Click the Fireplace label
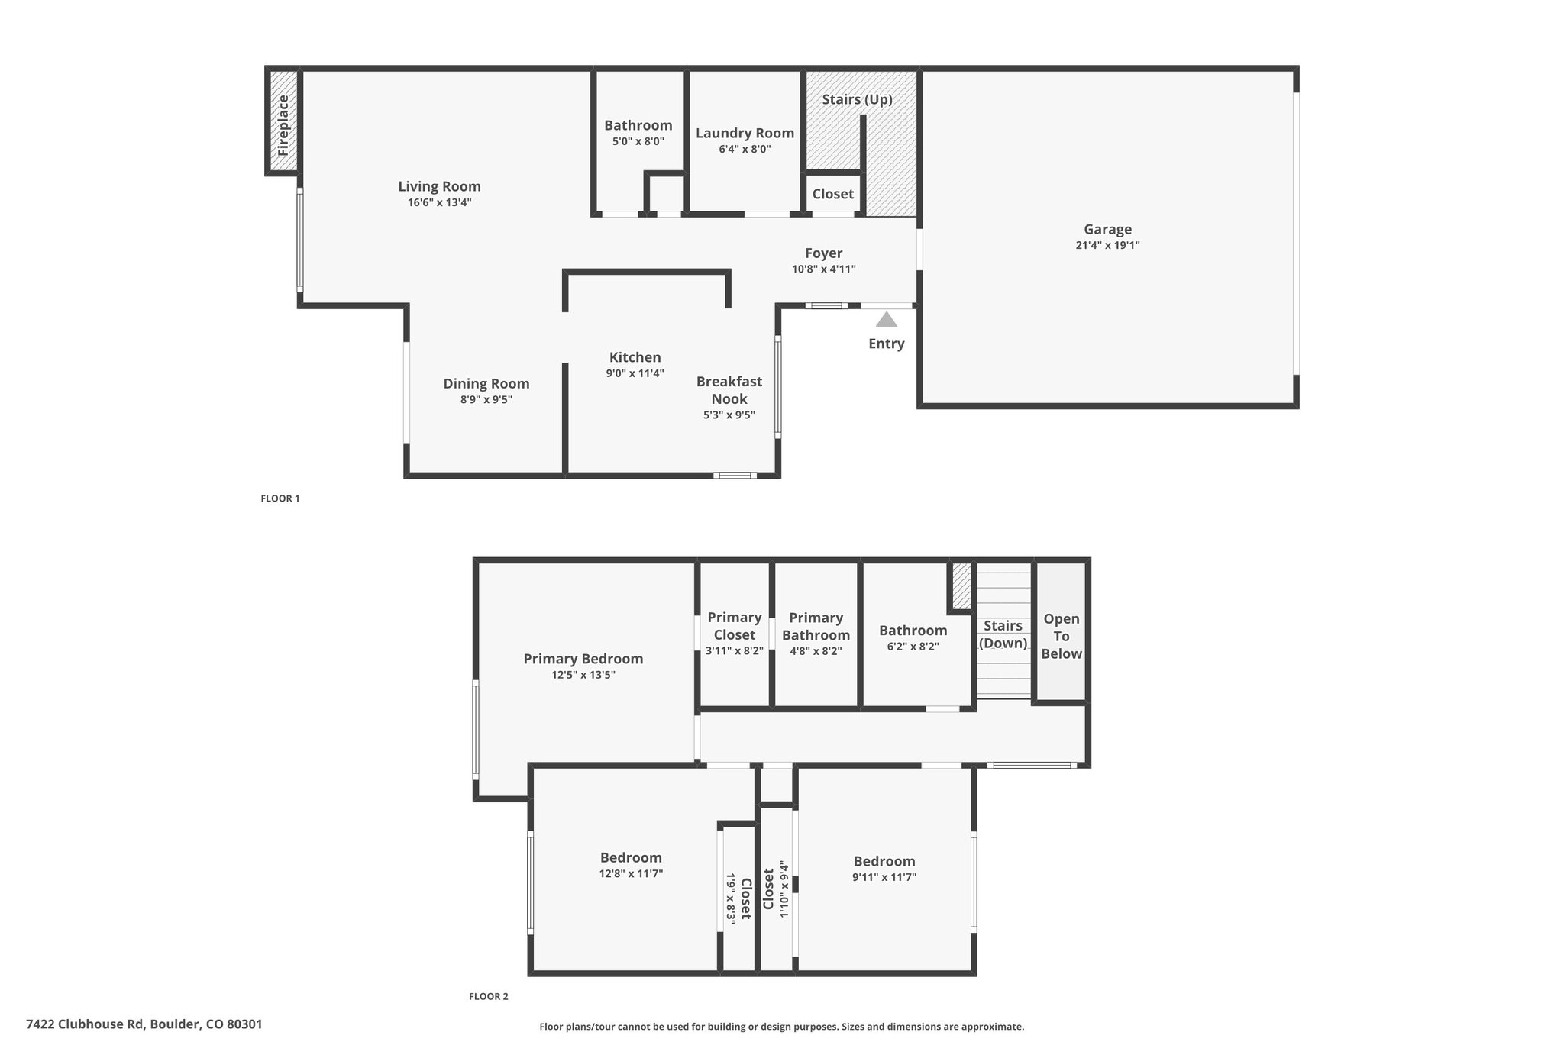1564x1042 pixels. point(283,125)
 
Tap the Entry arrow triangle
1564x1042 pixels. point(886,319)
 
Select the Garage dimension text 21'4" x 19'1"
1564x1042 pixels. point(1107,245)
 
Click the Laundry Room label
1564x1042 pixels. point(745,133)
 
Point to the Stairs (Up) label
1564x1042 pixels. point(857,99)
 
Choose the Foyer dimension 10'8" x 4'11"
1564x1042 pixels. point(823,269)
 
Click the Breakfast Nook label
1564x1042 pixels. point(729,390)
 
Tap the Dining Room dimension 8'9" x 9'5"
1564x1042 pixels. point(486,399)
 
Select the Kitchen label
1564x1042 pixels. point(635,357)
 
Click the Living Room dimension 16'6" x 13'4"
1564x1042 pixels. point(439,202)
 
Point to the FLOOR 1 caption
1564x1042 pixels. point(280,498)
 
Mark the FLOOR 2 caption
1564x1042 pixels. point(488,996)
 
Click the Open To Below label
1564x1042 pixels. point(1062,636)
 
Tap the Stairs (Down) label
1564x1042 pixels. point(1003,634)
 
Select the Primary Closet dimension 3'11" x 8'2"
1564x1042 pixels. point(735,651)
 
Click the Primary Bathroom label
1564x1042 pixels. point(816,626)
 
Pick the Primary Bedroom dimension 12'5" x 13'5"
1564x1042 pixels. point(583,675)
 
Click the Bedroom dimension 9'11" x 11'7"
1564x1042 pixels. point(884,878)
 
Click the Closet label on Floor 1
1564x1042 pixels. point(832,194)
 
